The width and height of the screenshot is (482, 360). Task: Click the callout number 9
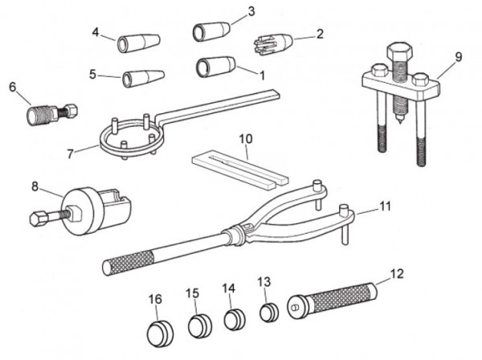[459, 57]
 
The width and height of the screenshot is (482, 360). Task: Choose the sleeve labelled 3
[211, 33]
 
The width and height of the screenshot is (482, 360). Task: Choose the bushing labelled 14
[234, 319]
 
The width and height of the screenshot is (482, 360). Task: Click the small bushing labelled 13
[268, 313]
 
